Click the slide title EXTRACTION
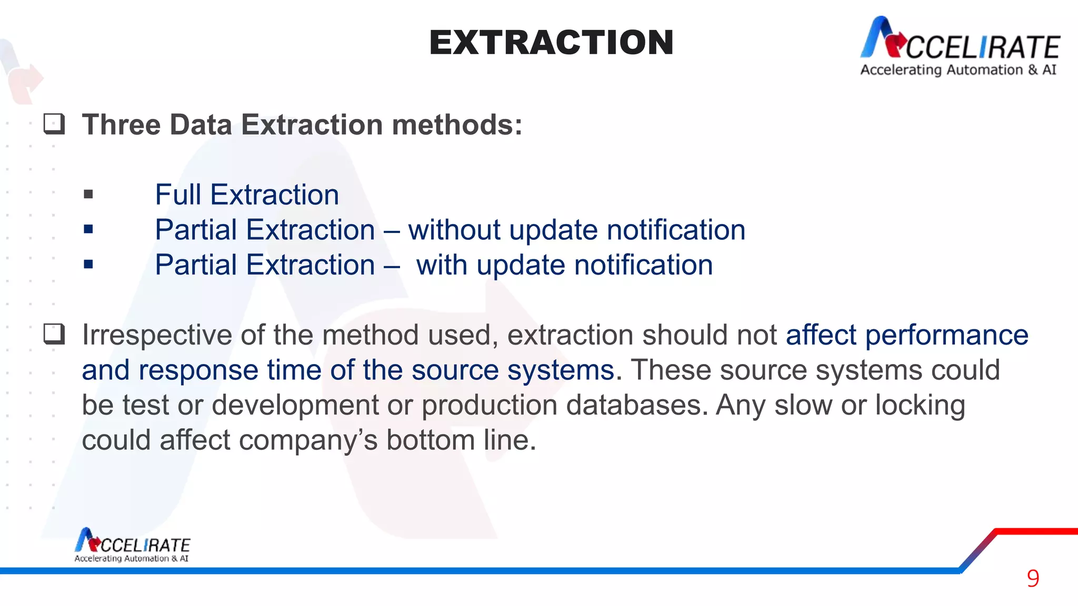[x=551, y=43]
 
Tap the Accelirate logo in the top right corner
[x=960, y=39]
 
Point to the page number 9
[x=1033, y=579]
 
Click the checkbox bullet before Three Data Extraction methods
[x=54, y=124]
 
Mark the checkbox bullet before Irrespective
[x=54, y=334]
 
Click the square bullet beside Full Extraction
[x=88, y=195]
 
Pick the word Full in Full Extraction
[x=178, y=195]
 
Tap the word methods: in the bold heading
[x=457, y=125]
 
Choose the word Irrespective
[x=157, y=335]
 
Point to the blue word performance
[x=946, y=335]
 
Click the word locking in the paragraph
[x=920, y=406]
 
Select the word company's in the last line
[x=308, y=440]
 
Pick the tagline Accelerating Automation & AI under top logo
[x=958, y=70]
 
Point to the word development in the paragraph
[x=295, y=406]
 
